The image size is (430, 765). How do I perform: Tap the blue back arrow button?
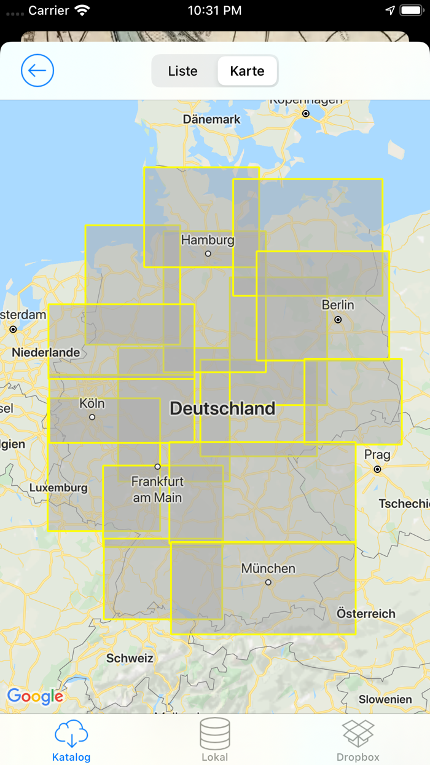point(37,71)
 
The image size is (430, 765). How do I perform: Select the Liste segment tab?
point(182,71)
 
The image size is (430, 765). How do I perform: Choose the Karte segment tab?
point(247,71)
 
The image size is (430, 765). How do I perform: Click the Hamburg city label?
point(208,240)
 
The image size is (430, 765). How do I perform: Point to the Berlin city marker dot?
point(338,320)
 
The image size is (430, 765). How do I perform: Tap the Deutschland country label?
point(222,408)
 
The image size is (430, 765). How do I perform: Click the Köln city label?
point(92,403)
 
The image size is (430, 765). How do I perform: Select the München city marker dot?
point(268,582)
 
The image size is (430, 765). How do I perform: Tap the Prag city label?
point(377,455)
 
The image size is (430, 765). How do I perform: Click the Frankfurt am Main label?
point(157,489)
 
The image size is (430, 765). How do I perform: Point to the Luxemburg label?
point(58,488)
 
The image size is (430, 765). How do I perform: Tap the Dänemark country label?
point(212,119)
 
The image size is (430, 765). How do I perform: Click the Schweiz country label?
point(130,658)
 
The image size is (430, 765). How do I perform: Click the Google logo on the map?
point(35,696)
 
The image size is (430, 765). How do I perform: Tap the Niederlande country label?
point(46,352)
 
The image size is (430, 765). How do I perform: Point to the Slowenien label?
point(385,699)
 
